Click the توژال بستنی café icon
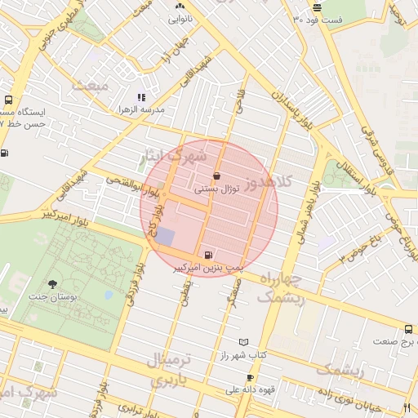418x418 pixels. (216, 176)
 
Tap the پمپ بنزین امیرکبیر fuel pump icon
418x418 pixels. (210, 255)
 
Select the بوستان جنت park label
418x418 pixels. (54, 298)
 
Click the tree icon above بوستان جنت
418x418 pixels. (53, 284)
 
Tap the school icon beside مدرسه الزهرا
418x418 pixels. (141, 97)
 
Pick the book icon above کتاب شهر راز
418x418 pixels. (243, 342)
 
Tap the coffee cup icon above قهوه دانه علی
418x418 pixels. (250, 377)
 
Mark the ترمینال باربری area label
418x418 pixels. (172, 368)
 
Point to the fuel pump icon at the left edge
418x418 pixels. (6, 152)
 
